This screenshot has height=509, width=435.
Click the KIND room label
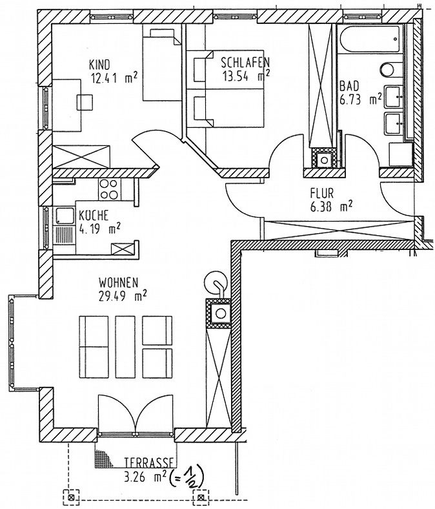click(x=99, y=65)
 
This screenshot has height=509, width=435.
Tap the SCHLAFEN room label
click(x=245, y=62)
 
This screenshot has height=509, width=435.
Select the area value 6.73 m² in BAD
click(x=360, y=100)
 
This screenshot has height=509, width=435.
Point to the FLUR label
click(x=322, y=193)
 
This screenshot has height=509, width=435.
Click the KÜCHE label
click(x=94, y=215)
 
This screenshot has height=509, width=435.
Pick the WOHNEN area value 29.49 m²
click(x=123, y=296)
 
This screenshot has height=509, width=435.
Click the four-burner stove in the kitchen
click(x=108, y=189)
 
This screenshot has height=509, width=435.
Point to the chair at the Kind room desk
click(x=85, y=102)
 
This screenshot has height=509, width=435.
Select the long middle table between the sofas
click(x=125, y=347)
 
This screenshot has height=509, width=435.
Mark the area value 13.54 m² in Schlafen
click(x=245, y=77)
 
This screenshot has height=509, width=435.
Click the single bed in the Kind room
click(x=162, y=65)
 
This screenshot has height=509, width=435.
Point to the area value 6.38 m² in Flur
click(x=331, y=207)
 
